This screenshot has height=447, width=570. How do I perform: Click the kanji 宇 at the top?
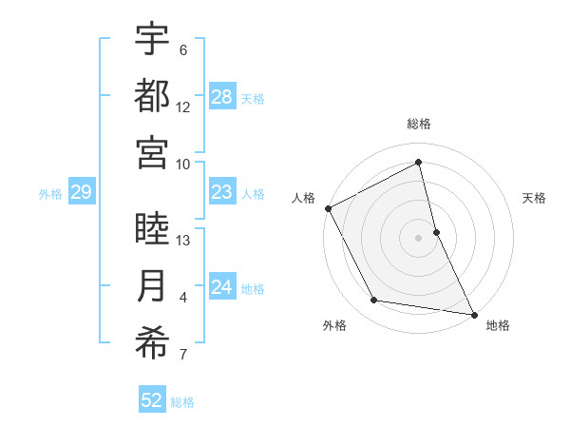[x=152, y=39]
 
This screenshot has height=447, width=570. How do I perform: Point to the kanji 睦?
[x=152, y=229]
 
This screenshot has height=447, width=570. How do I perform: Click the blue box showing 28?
[x=222, y=97]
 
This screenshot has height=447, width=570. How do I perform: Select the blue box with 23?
[x=222, y=193]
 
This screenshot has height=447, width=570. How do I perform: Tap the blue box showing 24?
[x=222, y=288]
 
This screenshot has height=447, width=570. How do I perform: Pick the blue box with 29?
[x=81, y=193]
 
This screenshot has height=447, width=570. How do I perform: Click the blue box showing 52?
[x=152, y=400]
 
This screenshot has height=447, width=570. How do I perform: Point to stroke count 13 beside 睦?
[x=184, y=241]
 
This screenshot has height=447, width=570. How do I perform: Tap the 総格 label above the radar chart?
[x=418, y=124]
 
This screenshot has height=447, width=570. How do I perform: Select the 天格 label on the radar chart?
[x=534, y=198]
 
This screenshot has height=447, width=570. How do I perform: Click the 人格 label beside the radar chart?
[x=303, y=198]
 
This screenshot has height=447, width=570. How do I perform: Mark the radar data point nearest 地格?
[x=473, y=314]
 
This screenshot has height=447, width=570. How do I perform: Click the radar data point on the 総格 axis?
[x=418, y=162]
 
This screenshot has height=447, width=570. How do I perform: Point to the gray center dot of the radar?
[x=418, y=238]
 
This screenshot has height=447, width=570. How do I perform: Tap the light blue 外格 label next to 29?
[x=50, y=194]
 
